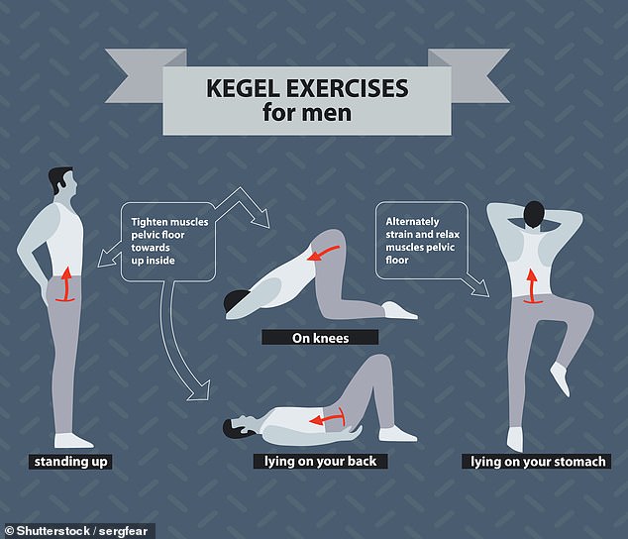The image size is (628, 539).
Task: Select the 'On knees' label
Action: [x=320, y=338]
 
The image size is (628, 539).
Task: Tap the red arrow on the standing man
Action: [x=66, y=283]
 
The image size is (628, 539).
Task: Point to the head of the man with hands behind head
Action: [x=534, y=213]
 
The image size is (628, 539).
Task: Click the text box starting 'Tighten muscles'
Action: [x=169, y=243]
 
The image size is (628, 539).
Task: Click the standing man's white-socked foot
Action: [x=74, y=439]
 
